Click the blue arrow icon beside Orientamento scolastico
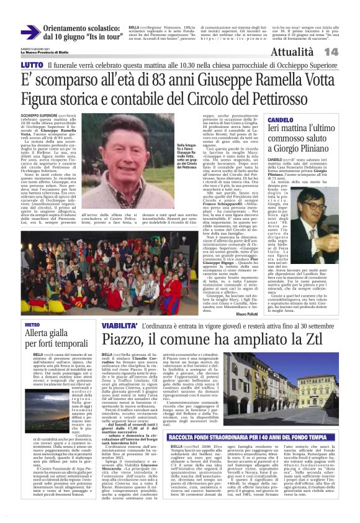click(29, 32)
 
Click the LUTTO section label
click(32, 65)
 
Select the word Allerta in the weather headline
click(39, 336)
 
